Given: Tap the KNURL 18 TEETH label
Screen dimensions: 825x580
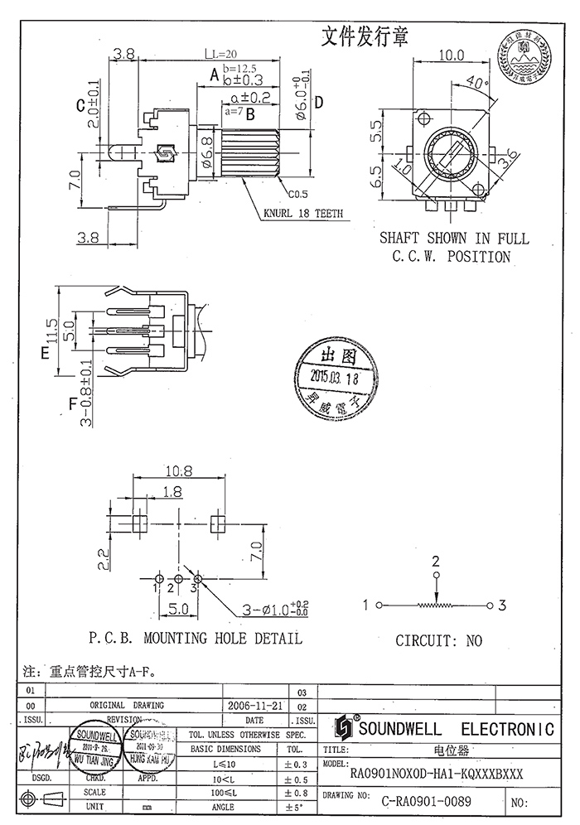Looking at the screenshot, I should tap(303, 213).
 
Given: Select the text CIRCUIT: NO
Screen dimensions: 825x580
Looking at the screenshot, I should tap(438, 640).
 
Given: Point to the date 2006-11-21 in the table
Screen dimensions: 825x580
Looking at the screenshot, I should tap(254, 705).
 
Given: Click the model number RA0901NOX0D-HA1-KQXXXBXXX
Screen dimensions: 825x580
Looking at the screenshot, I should tap(437, 774).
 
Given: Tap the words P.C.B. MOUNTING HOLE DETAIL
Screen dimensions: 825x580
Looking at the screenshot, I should tap(195, 639).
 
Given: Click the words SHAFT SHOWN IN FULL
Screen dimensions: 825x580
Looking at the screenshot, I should tap(453, 238).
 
